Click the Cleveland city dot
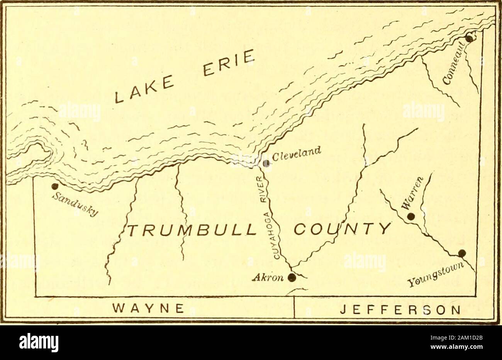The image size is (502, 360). coord(266,163)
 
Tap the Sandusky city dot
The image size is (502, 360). coord(55,186)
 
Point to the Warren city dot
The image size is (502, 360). coord(411,216)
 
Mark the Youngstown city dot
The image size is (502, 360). coord(462,253)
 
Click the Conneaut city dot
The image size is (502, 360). coord(469,39)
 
